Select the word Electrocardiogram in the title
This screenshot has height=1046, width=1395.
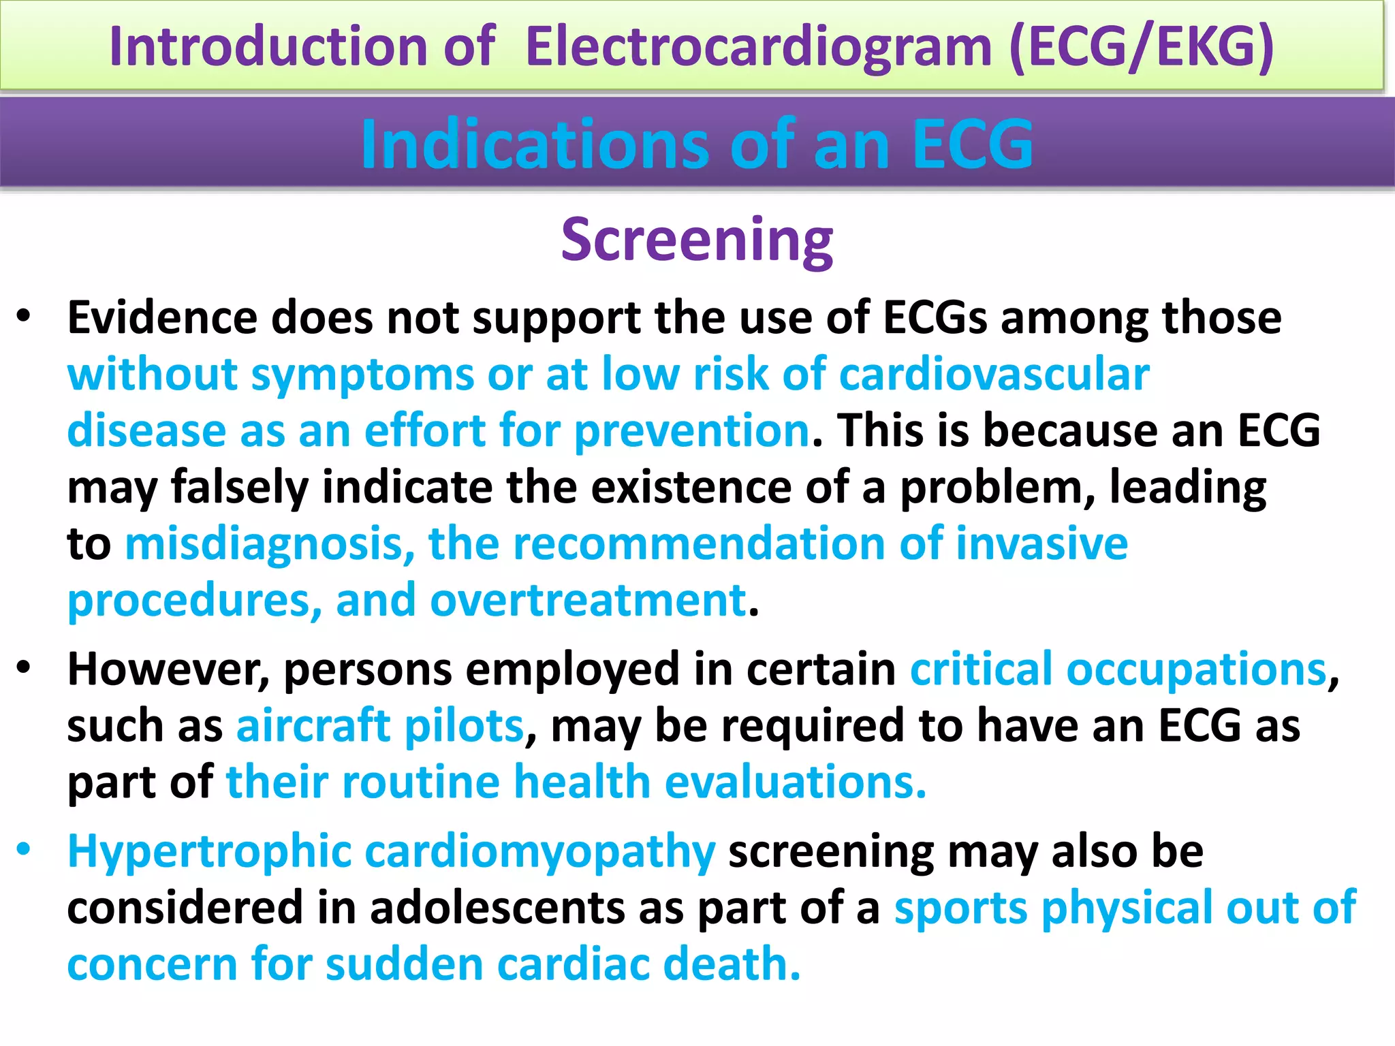coord(758,46)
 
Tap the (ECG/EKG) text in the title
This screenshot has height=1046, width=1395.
coord(1141,46)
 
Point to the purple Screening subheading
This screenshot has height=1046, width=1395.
coord(697,240)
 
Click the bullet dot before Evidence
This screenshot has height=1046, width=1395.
coord(25,317)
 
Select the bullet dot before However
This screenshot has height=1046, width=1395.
coord(25,668)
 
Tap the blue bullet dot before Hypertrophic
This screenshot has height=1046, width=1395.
coord(25,850)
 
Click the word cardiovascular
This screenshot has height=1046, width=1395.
coord(994,375)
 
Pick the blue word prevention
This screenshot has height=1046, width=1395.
coord(692,431)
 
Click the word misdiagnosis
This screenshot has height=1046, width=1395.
coord(270,544)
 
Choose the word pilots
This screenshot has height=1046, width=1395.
coord(464,725)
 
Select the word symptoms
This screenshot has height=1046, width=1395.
coord(362,375)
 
